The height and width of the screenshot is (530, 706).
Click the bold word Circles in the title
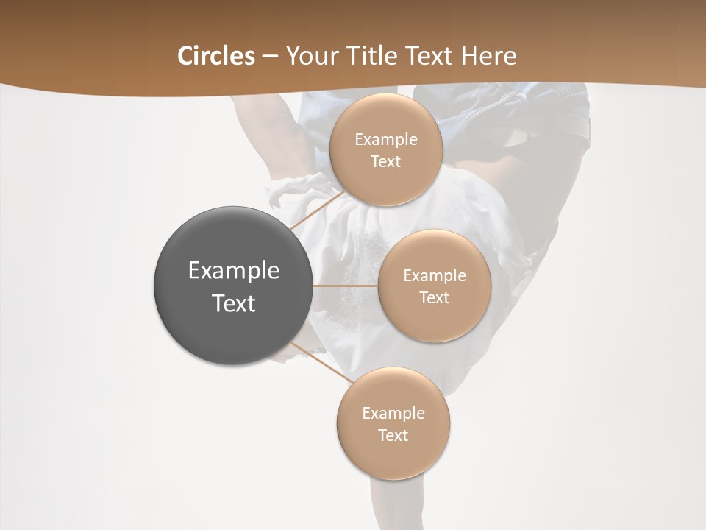[x=215, y=56]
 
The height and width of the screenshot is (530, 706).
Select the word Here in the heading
[x=488, y=56]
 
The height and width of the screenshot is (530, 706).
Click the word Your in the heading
[x=309, y=56]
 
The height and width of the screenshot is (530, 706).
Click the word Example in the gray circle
[x=234, y=271]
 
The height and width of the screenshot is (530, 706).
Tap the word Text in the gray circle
[x=234, y=303]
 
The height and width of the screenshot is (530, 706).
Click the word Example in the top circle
[x=385, y=140]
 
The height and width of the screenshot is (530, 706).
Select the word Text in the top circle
[x=385, y=162]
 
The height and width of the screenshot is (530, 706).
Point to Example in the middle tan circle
[x=434, y=276]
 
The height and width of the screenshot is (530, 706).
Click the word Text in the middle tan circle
[x=434, y=298]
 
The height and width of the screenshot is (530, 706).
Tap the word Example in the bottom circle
[x=393, y=414]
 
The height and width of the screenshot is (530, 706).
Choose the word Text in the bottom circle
[x=393, y=436]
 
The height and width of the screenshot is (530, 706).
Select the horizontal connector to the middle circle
[x=346, y=285]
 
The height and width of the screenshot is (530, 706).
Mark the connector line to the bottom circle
[x=322, y=364]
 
